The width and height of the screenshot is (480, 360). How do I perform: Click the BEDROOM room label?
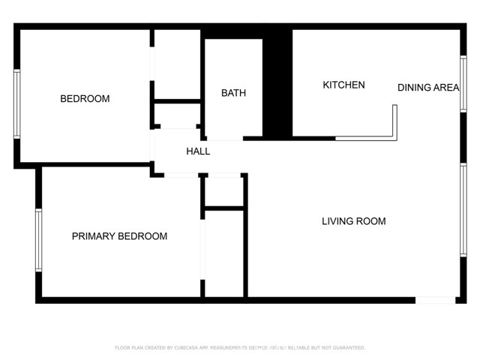point(85,99)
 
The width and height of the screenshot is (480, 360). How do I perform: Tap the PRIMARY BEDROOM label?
point(119,236)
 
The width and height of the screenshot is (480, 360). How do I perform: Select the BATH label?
point(233,93)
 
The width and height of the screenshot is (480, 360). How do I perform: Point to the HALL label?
point(198,151)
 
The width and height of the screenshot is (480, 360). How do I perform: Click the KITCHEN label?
point(343,85)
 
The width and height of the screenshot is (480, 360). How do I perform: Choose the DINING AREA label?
point(427,88)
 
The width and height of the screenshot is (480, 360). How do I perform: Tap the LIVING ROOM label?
point(353,221)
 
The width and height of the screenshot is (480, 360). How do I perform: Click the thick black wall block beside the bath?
point(280,82)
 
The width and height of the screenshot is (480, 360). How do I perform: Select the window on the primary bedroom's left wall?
point(39,239)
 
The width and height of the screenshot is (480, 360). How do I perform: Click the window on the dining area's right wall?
point(463,84)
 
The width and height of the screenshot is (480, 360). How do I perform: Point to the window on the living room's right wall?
point(463,210)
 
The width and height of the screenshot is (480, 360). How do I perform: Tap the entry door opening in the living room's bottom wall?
point(435,300)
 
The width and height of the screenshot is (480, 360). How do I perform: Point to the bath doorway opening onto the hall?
point(224,139)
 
